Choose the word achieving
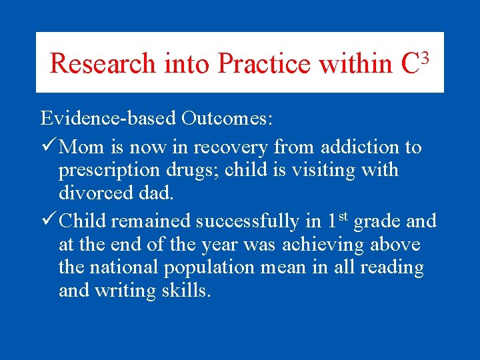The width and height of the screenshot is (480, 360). click(319, 245)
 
